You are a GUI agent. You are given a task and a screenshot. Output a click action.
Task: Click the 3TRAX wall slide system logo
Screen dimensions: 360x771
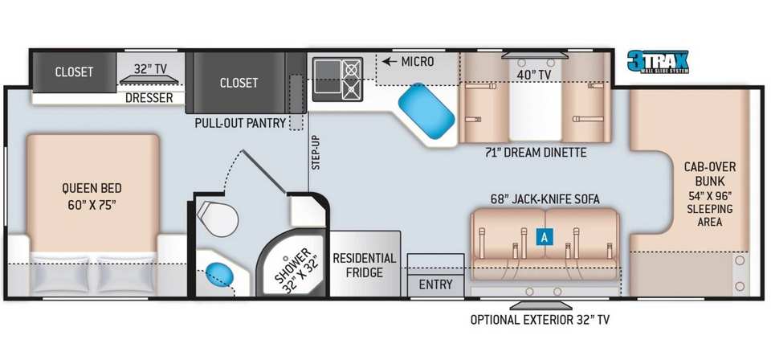tap(658, 61)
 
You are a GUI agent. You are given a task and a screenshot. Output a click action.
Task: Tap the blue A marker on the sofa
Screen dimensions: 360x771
tap(545, 237)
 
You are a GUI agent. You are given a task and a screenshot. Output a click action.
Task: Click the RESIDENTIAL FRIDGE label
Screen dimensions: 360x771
tap(365, 265)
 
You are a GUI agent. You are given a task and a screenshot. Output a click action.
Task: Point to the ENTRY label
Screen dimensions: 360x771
tap(436, 284)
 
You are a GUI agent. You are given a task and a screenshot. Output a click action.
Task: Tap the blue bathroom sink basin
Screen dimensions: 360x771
tap(219, 275)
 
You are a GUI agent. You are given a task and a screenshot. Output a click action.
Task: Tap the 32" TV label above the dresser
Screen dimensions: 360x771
tap(149, 69)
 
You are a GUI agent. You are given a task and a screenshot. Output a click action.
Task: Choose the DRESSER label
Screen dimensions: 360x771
tap(149, 98)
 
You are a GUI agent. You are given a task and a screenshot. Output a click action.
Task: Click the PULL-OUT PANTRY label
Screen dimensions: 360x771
tap(240, 123)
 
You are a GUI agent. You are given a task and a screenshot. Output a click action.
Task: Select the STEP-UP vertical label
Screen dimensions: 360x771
tap(315, 152)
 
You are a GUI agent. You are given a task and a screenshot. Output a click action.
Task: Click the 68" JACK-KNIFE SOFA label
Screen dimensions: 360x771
tap(545, 199)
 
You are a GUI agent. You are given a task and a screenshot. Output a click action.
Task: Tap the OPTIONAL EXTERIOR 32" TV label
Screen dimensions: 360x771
tap(540, 320)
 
